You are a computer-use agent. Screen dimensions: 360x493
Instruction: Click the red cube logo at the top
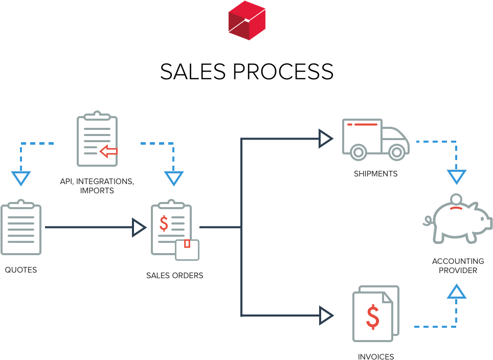click(x=247, y=20)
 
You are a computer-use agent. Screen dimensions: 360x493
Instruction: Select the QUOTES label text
click(x=21, y=270)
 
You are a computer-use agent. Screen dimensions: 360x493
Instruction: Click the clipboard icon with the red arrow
click(x=97, y=140)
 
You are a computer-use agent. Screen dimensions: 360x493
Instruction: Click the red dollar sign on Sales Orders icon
click(x=164, y=223)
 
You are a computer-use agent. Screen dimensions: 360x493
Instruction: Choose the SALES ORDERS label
click(x=174, y=276)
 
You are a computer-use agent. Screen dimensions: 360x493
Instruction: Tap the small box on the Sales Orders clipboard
click(x=187, y=250)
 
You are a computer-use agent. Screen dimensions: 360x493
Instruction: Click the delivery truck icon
click(x=375, y=139)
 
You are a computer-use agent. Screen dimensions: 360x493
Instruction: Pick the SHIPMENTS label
click(x=375, y=174)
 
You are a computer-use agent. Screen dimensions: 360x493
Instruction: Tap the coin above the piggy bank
click(x=455, y=199)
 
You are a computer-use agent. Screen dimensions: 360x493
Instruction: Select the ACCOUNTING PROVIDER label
click(x=458, y=266)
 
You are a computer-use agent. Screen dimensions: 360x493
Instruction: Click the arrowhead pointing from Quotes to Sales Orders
click(x=139, y=228)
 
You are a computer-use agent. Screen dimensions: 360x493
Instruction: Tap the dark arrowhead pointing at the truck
click(x=326, y=139)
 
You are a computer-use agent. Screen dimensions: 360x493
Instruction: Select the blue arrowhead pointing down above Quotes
click(x=21, y=178)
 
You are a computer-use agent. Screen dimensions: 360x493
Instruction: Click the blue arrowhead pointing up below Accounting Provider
click(x=457, y=292)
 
